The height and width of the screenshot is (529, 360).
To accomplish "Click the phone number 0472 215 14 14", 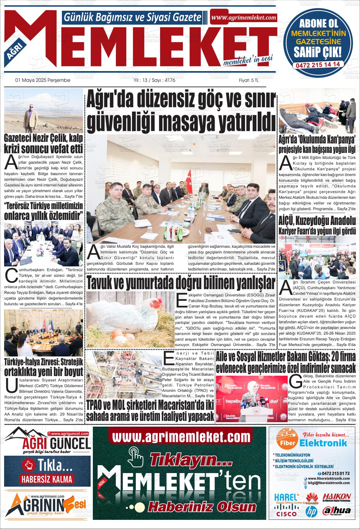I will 318,64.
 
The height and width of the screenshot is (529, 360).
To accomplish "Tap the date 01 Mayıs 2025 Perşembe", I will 43,80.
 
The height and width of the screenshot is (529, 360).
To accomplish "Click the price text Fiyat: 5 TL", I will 249,80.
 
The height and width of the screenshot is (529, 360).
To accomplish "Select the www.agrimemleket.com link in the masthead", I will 243,18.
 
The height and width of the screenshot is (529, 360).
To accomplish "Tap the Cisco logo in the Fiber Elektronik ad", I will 286,514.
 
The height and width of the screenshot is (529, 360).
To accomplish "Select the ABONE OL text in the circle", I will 318,23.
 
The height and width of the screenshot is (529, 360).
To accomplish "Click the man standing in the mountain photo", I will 31,111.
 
